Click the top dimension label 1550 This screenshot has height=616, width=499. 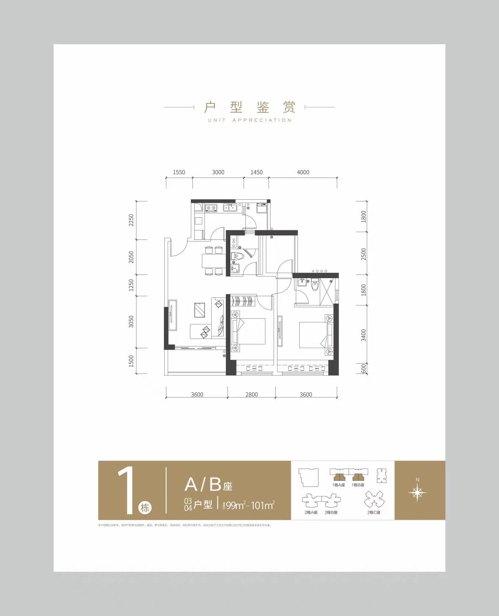(x=179, y=172)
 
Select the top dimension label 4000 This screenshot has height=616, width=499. (x=303, y=172)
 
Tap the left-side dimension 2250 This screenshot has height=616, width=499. (x=131, y=220)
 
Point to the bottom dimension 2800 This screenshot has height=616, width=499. (x=251, y=395)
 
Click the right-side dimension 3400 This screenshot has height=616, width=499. (x=364, y=335)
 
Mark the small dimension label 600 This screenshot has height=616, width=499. (x=364, y=368)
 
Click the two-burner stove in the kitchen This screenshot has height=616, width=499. (x=211, y=209)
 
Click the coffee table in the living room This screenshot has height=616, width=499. (x=200, y=310)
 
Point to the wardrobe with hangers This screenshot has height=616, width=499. (x=242, y=301)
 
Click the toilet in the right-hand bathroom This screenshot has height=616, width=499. (x=314, y=285)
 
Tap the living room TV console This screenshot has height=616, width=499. (x=172, y=316)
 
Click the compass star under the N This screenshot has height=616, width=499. (x=417, y=493)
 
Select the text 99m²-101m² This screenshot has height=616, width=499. (x=250, y=505)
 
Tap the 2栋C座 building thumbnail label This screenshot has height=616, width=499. (x=374, y=512)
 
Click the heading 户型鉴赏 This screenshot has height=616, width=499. (x=249, y=107)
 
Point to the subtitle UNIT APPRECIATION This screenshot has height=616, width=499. (x=249, y=120)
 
